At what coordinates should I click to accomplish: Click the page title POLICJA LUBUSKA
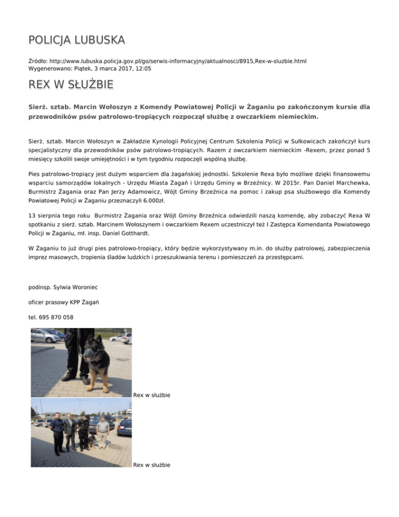pos(76,40)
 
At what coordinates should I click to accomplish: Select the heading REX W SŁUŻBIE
pos(71,85)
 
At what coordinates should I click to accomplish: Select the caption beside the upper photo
pos(152,395)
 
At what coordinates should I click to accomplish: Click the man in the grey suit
pos(69,432)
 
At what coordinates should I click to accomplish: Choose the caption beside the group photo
pos(152,464)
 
